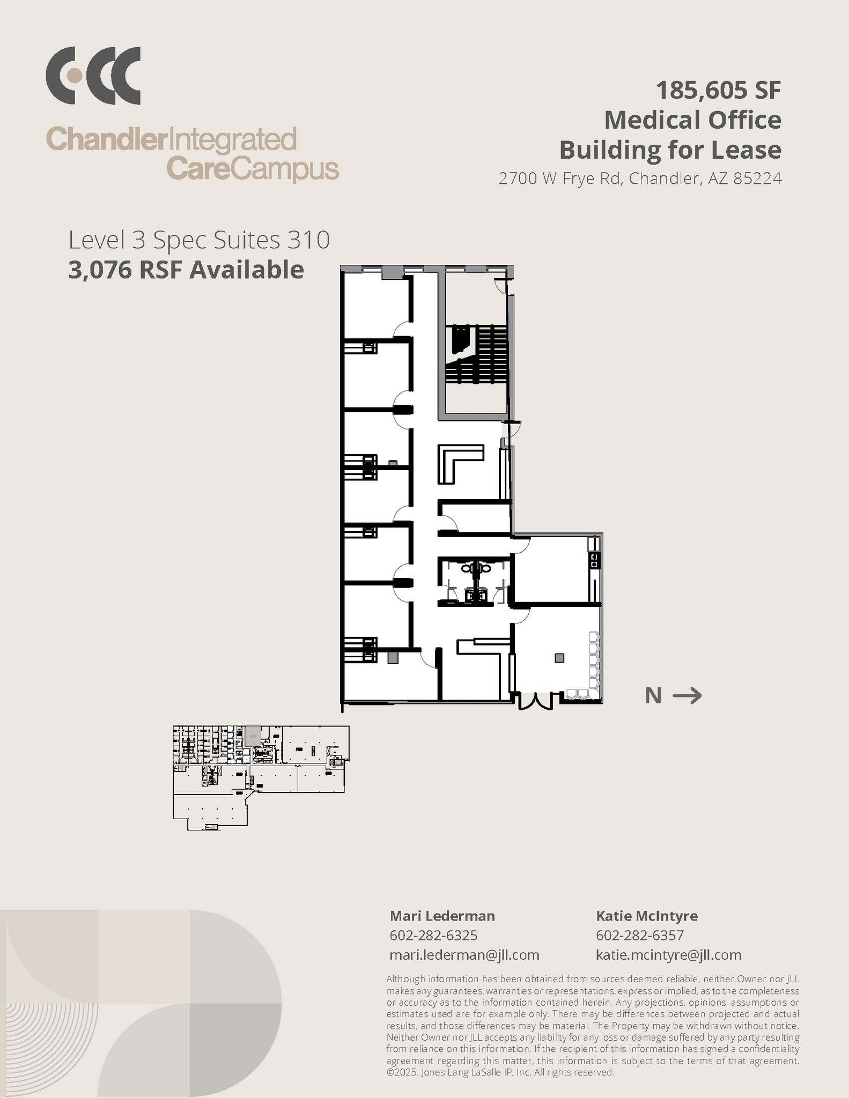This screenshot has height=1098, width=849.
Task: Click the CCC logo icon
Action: pos(93,76)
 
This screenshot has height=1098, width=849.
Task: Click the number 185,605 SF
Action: pos(718,90)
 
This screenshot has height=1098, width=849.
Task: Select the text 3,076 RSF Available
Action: pos(186,270)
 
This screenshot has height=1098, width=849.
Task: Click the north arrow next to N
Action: pos(687,695)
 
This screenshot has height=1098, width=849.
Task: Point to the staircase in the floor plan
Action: pos(476,354)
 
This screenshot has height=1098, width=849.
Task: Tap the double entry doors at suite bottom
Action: pos(535,701)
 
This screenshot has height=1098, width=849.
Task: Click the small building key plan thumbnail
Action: pos(261,777)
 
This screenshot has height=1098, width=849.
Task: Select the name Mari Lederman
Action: pos(442,916)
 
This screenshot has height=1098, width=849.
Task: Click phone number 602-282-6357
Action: pos(639,936)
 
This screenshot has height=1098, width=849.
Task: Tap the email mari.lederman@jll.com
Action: pos(464,955)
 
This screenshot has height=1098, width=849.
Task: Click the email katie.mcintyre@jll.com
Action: pos(668,955)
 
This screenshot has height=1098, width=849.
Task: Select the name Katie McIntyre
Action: pos(646,916)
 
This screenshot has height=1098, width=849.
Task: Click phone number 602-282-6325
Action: pos(433,936)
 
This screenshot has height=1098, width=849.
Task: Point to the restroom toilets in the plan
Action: pos(475,568)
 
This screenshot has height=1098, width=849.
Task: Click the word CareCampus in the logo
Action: pos(252,169)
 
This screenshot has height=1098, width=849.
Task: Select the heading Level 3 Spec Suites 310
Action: pos(198,240)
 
